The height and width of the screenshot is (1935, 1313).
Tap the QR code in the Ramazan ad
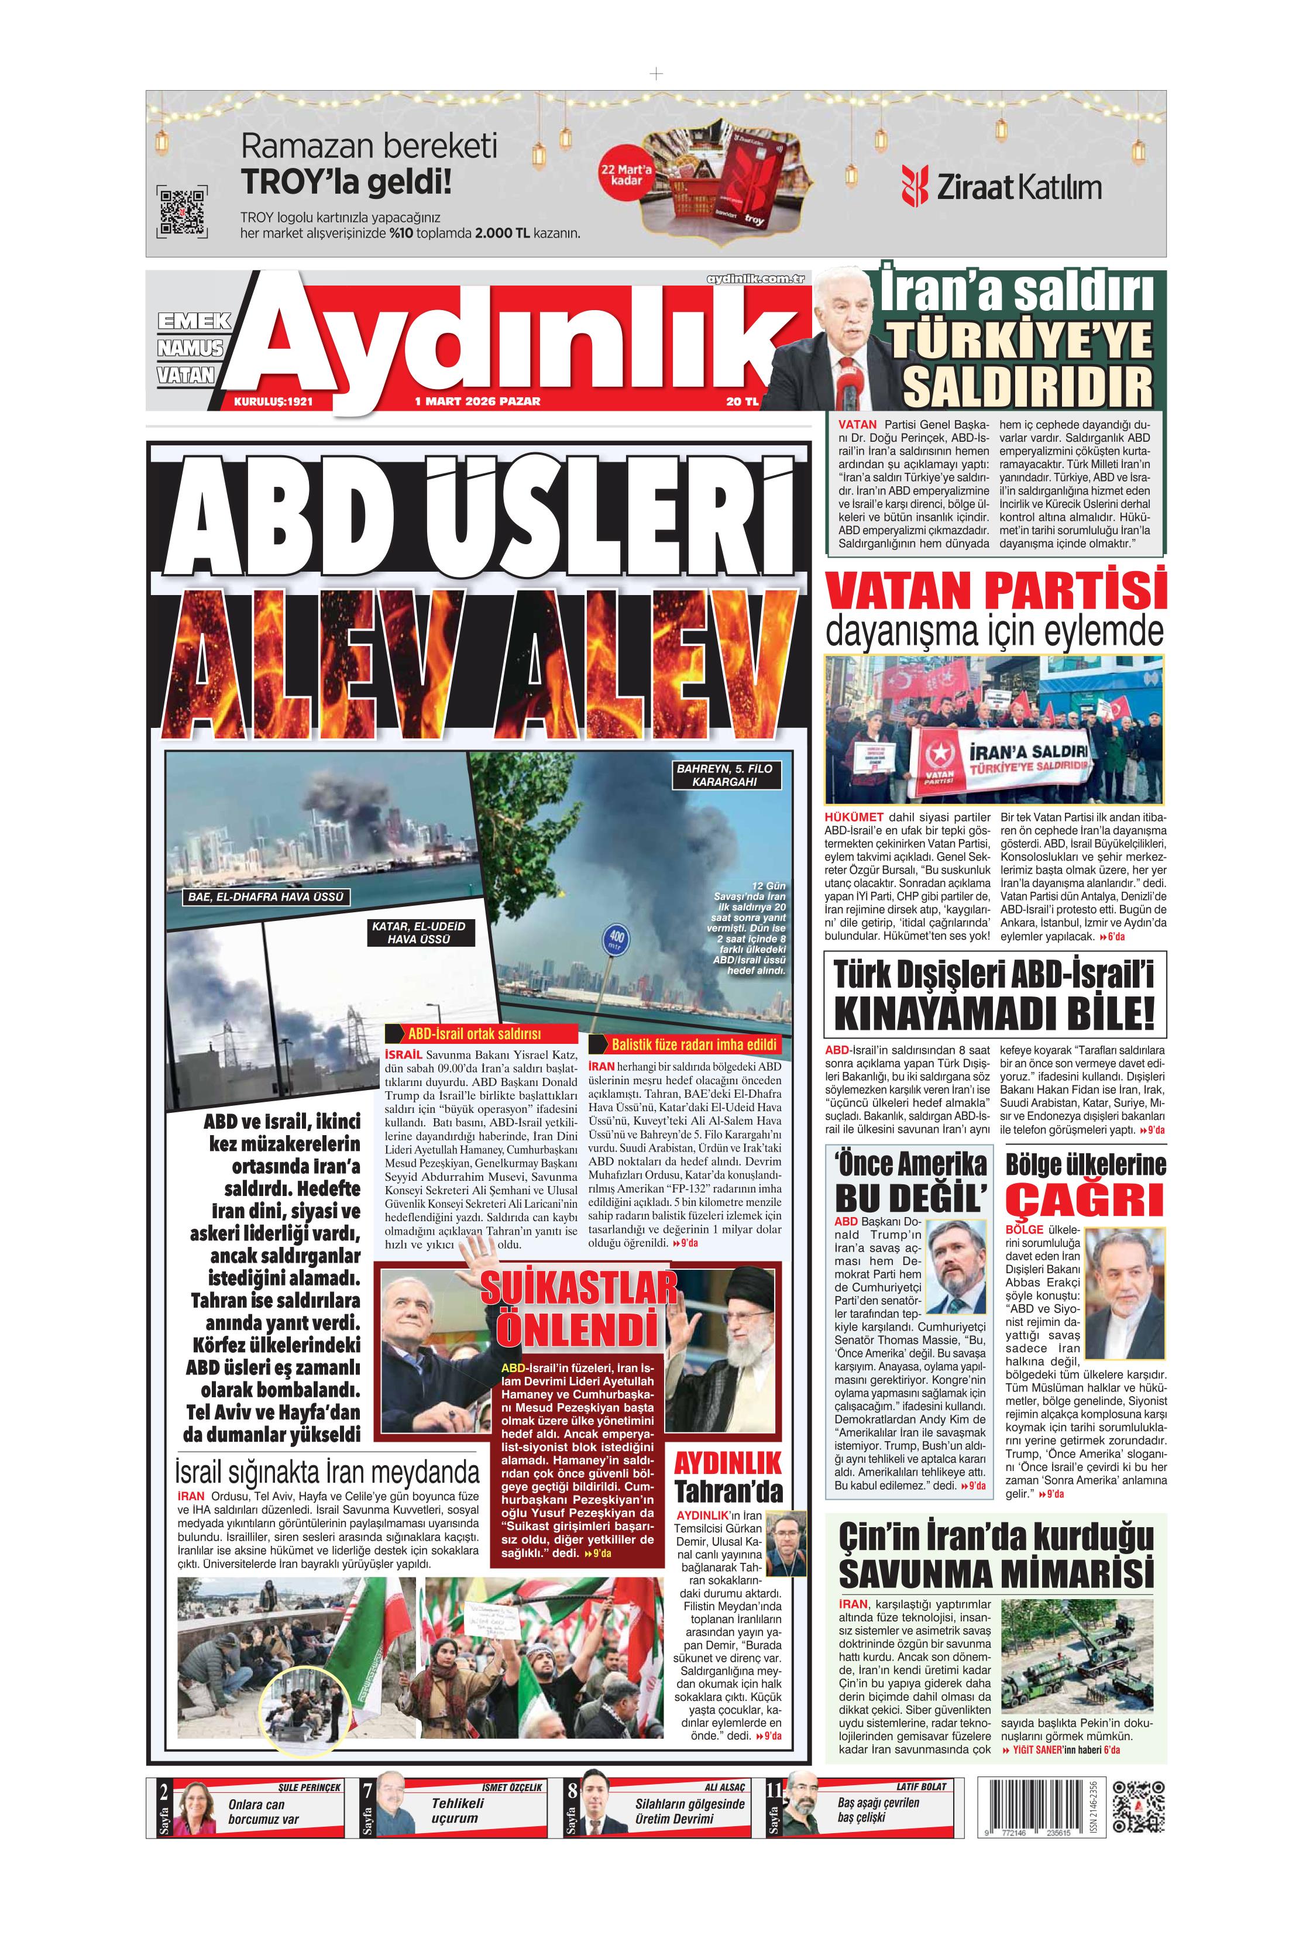tap(181, 212)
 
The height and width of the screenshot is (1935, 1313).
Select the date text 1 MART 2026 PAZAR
tap(477, 401)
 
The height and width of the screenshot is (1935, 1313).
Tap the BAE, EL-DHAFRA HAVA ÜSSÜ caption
tap(266, 897)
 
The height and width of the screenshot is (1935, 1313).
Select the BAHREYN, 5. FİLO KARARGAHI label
tap(724, 775)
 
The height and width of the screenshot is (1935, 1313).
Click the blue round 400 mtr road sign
tap(616, 941)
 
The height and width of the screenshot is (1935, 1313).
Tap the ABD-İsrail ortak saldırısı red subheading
tap(474, 1033)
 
